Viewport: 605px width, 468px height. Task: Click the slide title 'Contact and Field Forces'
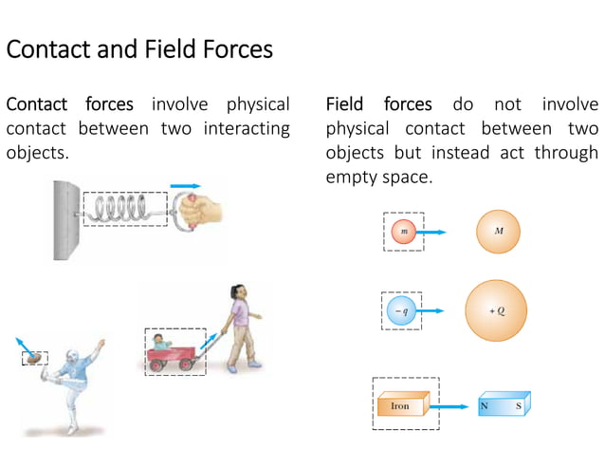[x=139, y=49]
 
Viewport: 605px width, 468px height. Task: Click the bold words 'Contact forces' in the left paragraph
[x=70, y=104]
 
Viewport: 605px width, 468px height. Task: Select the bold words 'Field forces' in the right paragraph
[x=378, y=104]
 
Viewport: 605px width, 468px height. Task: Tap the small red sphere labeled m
[x=405, y=232]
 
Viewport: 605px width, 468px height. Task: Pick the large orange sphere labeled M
[x=499, y=231]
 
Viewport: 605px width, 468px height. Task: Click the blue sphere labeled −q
[x=403, y=310]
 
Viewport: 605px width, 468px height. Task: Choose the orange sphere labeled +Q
[x=497, y=310]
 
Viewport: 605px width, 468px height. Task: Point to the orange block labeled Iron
[x=401, y=405]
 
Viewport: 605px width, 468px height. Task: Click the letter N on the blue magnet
[x=486, y=406]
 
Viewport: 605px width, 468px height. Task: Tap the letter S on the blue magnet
[x=519, y=406]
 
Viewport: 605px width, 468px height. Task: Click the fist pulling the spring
[x=195, y=211]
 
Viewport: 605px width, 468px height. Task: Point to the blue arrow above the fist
[x=185, y=186]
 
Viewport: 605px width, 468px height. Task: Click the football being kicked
[x=35, y=359]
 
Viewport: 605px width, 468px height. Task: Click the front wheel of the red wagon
[x=187, y=365]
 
